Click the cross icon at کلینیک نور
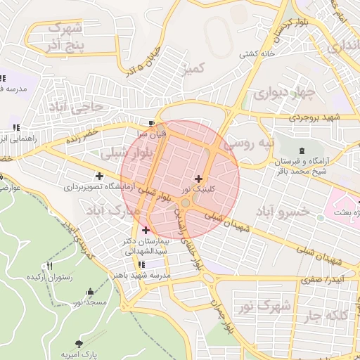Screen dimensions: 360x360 click(x=198, y=179)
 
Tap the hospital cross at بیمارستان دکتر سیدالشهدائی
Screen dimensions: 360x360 click(x=146, y=230)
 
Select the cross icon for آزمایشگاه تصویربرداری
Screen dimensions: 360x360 click(x=99, y=176)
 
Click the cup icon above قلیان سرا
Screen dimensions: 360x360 click(x=152, y=122)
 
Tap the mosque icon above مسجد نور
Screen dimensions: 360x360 click(x=89, y=291)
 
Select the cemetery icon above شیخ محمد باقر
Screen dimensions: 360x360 click(x=302, y=150)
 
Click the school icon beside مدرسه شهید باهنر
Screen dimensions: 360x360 click(x=142, y=264)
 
